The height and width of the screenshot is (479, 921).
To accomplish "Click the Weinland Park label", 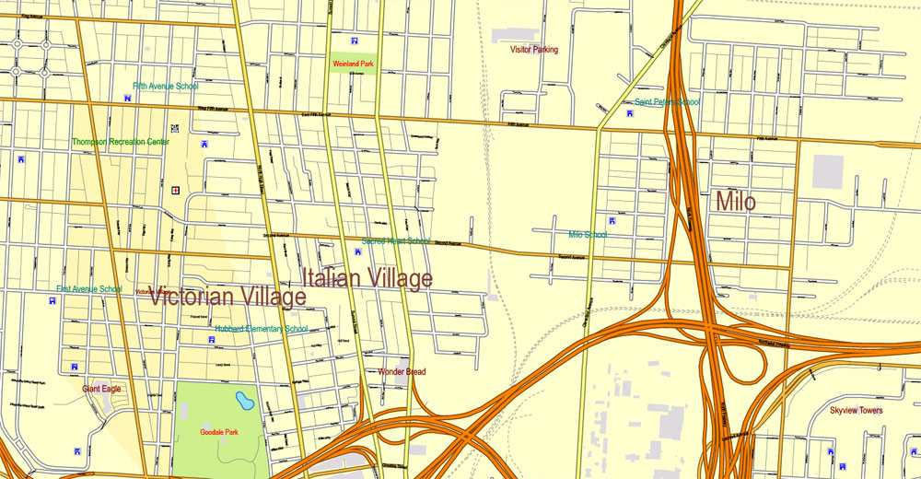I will pos(354,64).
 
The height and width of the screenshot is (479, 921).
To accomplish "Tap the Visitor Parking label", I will pos(534,50).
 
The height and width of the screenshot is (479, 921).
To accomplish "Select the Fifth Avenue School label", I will pos(165,87).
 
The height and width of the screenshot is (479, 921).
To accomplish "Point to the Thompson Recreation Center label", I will pos(121,142).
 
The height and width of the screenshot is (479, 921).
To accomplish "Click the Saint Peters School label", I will pos(667,102).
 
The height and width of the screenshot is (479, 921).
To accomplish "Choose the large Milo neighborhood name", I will pos(735,202).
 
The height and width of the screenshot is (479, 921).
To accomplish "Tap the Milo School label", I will pos(588,235).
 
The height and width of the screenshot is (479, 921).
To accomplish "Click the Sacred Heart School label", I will pos(395,241).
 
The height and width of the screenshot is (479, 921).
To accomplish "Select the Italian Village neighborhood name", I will pos(367,277).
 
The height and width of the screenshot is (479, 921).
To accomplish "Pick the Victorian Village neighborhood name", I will pos(227,297).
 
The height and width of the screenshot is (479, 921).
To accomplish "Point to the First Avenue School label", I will pos(89,289).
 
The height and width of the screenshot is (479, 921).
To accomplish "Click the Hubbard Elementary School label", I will pos(262,329).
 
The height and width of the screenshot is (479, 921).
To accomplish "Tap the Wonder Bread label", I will pos(402,372).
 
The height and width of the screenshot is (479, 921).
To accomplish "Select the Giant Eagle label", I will pos(101,389).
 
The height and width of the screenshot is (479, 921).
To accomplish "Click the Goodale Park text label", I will pos(219,432).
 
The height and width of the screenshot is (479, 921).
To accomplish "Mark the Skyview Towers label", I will pos(856,411).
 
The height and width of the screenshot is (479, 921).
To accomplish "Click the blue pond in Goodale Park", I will pos(244,401).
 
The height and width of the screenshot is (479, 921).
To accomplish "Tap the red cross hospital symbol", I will pos(174,190).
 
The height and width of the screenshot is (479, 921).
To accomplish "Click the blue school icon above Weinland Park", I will pos(355,41).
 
